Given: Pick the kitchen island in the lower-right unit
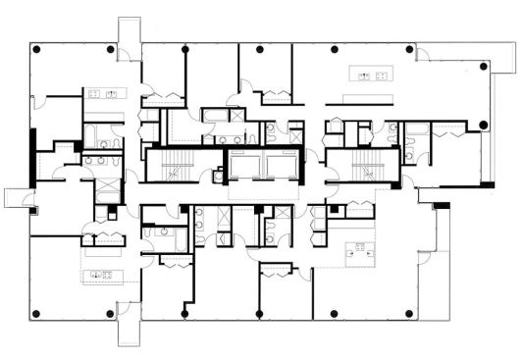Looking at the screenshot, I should click(x=359, y=251).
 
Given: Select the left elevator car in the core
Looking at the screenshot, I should click(x=245, y=164).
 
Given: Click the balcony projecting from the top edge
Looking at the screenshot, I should click(x=129, y=37).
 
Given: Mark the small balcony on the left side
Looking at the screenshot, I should click(x=17, y=198).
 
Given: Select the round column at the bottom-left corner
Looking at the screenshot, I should click(x=36, y=314).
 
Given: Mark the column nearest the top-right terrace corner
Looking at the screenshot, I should click(x=483, y=65).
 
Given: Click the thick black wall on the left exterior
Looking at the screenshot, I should click(x=32, y=157).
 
